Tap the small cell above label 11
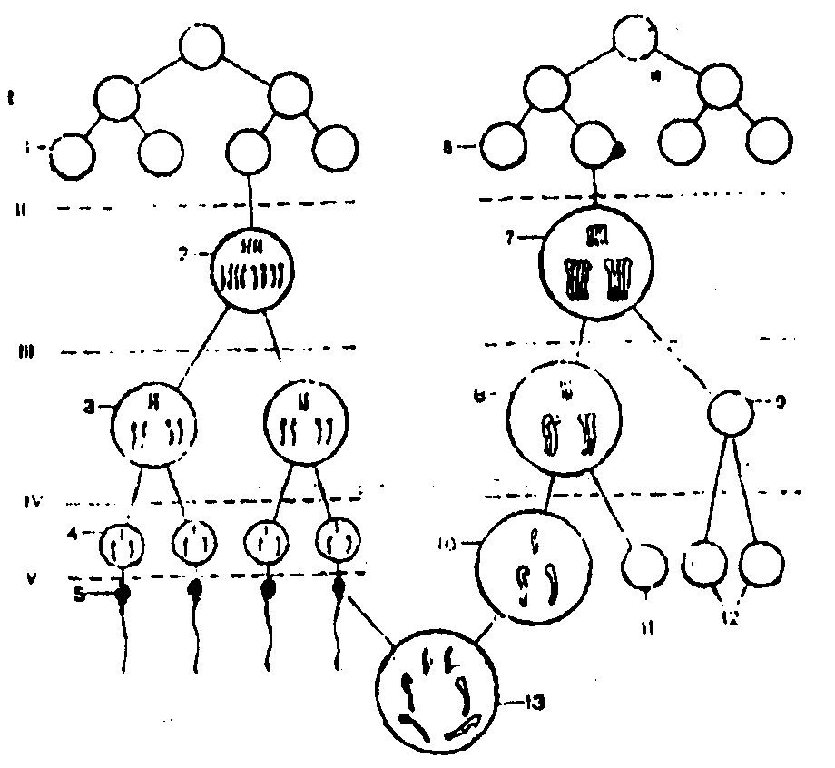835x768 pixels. (x=643, y=566)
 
